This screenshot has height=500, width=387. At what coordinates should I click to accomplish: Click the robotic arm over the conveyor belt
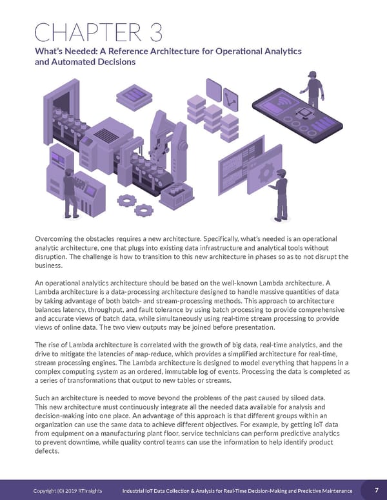(178, 142)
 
